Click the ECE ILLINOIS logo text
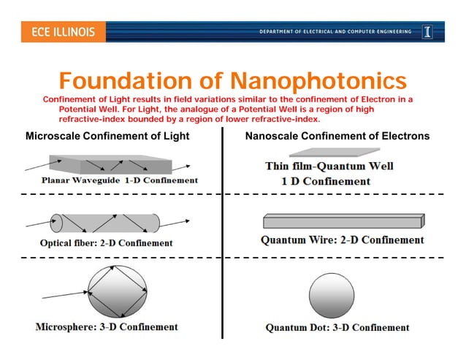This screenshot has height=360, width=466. click(x=63, y=32)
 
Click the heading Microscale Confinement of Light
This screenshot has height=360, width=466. click(x=107, y=136)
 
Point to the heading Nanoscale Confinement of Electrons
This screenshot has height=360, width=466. click(x=337, y=136)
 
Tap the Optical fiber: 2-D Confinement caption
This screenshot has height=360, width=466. click(x=107, y=242)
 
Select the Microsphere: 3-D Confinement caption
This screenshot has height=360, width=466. click(x=107, y=326)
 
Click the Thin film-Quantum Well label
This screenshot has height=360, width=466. click(x=329, y=166)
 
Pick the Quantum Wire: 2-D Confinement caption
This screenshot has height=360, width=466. click(x=342, y=240)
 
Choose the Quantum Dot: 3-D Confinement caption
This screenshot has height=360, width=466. click(x=337, y=327)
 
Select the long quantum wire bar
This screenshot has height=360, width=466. click(x=343, y=221)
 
